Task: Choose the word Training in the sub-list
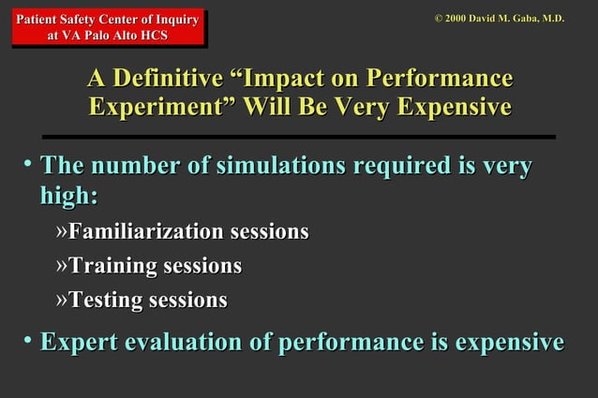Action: point(112,266)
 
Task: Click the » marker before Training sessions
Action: point(61,266)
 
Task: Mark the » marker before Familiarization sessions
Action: point(61,231)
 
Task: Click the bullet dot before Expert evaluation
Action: point(28,340)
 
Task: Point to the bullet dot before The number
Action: point(28,166)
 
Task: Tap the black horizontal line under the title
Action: point(298,137)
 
